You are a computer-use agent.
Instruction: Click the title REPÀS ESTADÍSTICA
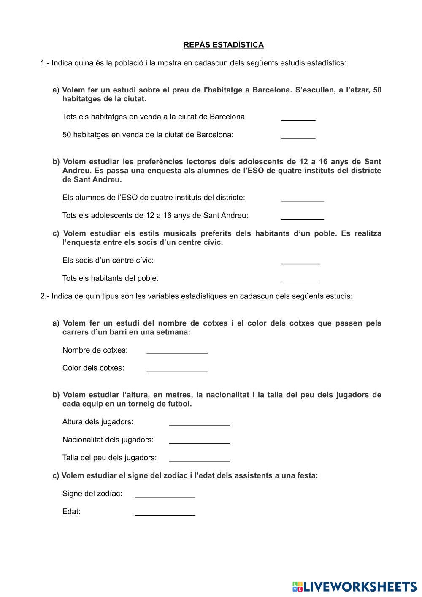pos(223,45)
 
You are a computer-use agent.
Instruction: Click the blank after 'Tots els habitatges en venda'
pos(298,117)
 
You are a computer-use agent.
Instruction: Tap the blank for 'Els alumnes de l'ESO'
pos(302,198)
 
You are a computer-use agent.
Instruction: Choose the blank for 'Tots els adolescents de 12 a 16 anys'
pos(302,216)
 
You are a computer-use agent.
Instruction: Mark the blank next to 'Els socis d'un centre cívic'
pos(301,261)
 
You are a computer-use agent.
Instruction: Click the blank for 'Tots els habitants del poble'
pos(301,279)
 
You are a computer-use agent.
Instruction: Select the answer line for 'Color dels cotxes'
pos(177,368)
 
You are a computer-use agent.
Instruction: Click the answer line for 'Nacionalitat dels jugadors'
pos(199,440)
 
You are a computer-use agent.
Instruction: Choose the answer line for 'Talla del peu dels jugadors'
pos(199,458)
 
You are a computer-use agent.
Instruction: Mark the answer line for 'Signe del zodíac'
pos(165,494)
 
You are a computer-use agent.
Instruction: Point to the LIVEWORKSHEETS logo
pos(354,586)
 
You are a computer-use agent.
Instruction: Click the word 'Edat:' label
pos(71,512)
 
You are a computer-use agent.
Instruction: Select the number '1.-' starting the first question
pos(45,63)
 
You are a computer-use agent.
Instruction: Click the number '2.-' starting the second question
pos(45,296)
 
